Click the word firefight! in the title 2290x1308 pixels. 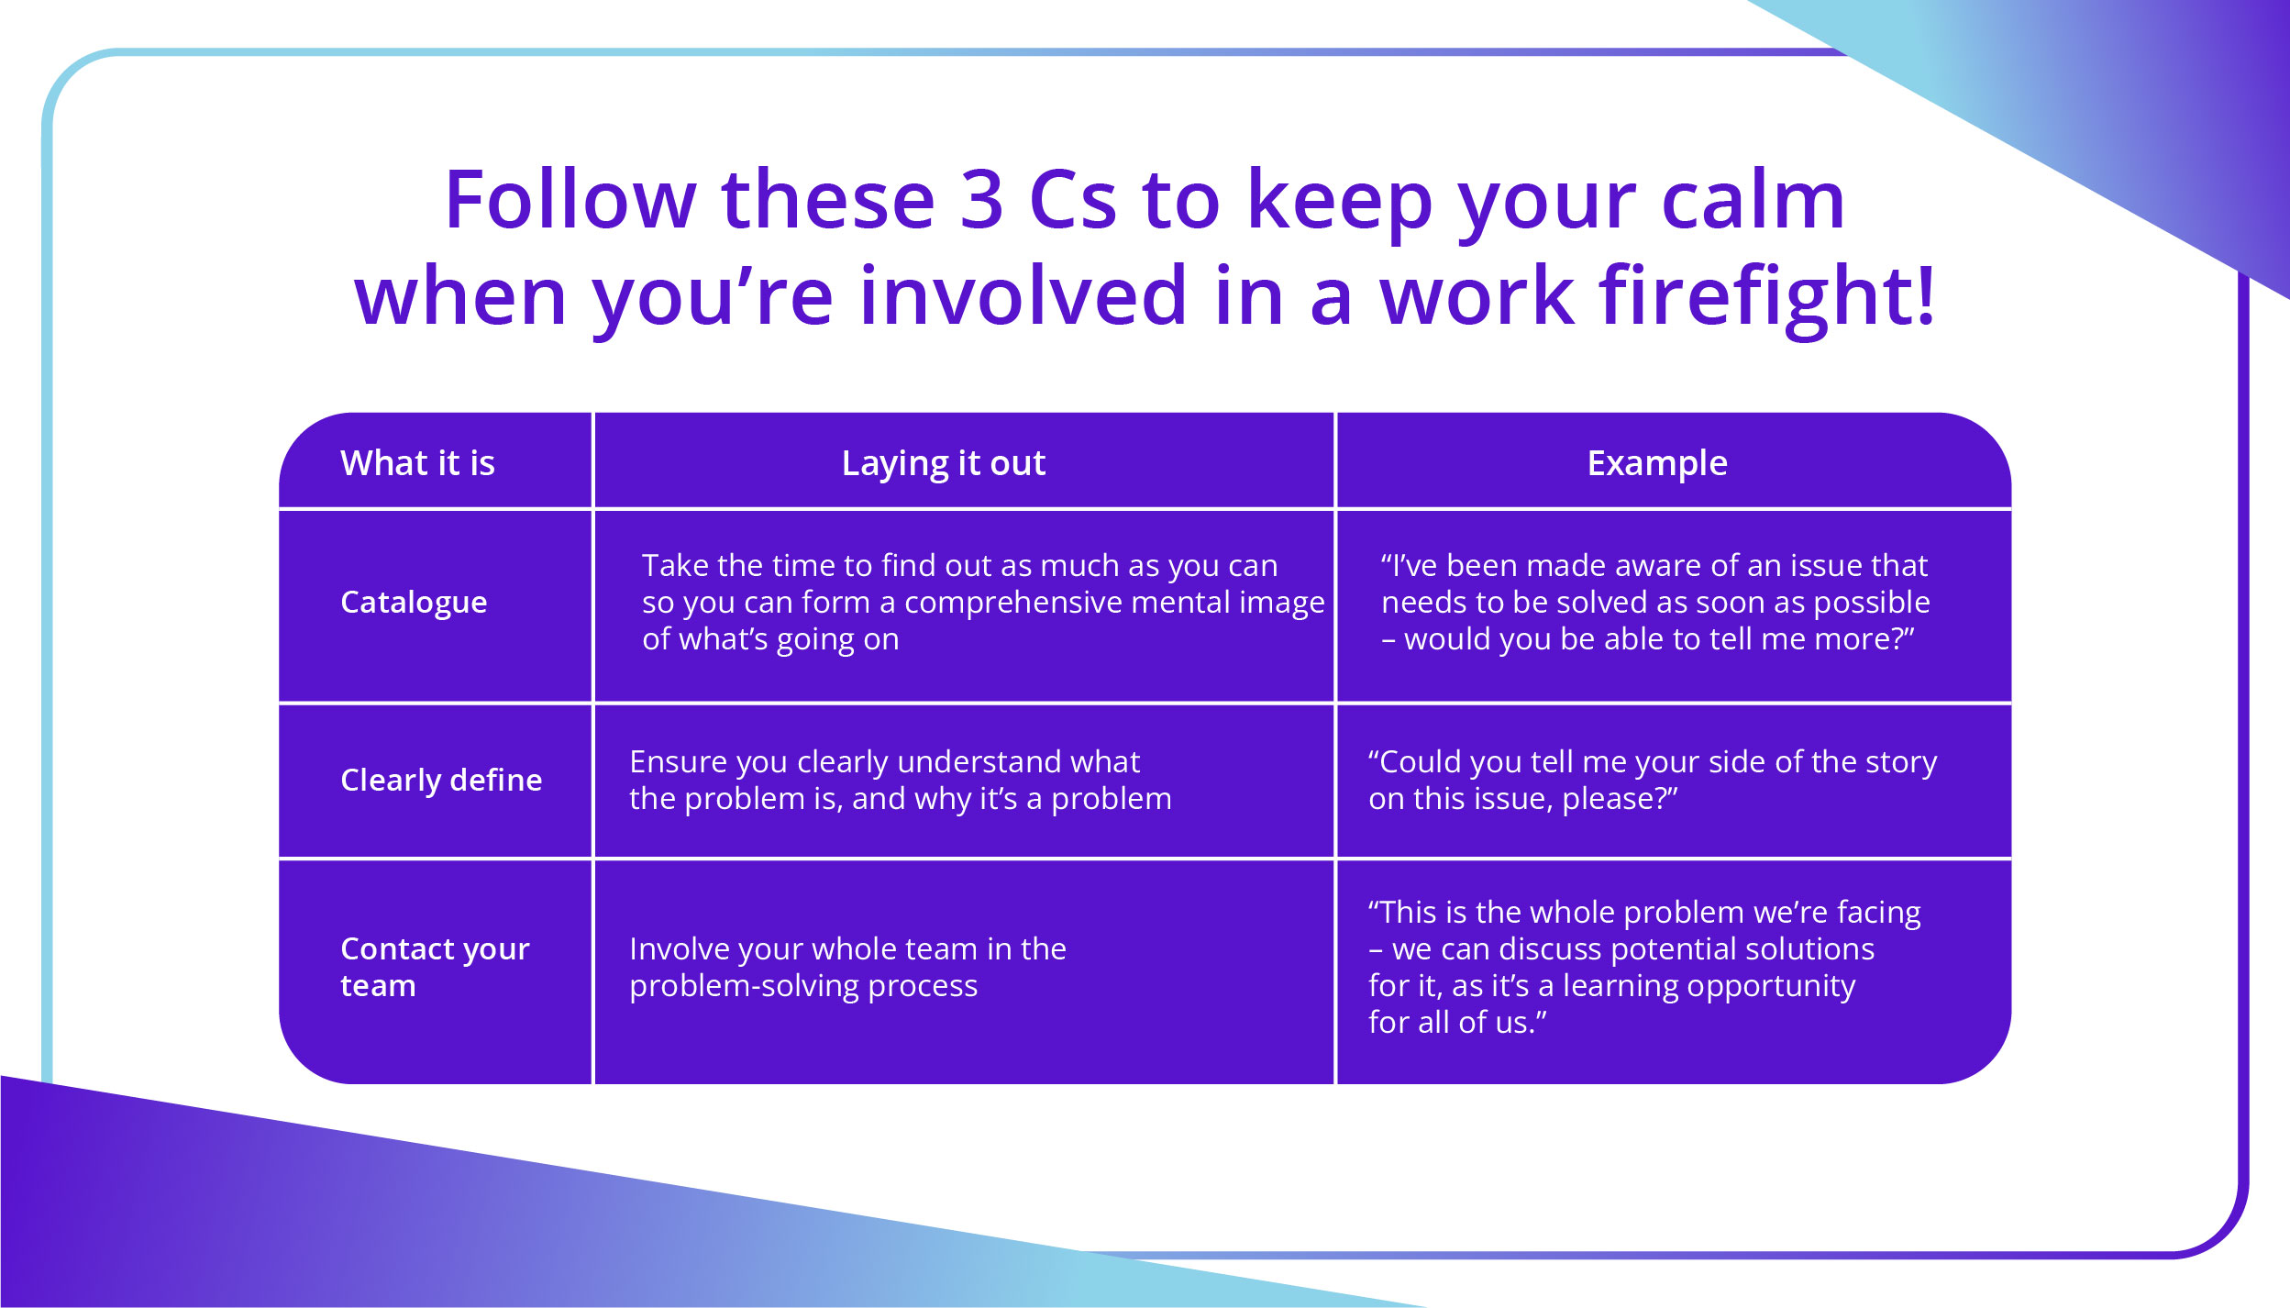(x=1766, y=296)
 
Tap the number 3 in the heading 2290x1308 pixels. (x=981, y=200)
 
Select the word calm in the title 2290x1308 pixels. (x=1753, y=200)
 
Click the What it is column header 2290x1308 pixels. (x=417, y=463)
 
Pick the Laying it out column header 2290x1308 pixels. (x=943, y=463)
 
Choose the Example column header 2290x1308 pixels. (x=1656, y=463)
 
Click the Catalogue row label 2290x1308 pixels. (x=414, y=602)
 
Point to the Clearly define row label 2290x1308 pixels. (x=441, y=780)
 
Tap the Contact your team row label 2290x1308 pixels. (x=435, y=967)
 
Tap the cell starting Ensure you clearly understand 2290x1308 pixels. (x=900, y=781)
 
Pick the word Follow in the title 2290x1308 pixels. (x=570, y=200)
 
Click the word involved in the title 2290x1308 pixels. (x=1023, y=296)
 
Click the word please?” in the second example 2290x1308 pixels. (x=1620, y=799)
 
